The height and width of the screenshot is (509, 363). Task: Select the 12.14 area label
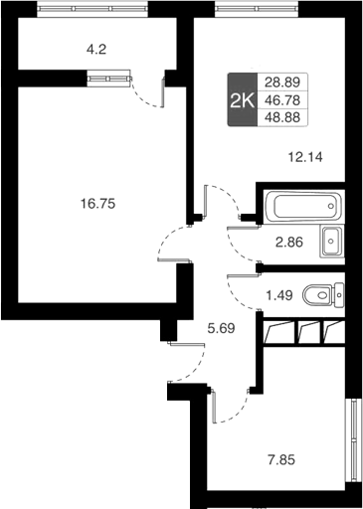coord(306,156)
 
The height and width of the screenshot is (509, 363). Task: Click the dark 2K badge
coord(241,99)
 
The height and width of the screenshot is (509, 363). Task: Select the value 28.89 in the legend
coord(282,83)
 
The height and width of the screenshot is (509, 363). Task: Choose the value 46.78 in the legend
coord(282,99)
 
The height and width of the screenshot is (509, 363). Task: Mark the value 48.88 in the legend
coord(282,116)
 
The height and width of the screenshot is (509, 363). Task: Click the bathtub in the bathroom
coord(301,208)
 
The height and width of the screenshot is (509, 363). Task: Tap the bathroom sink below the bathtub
coord(332,240)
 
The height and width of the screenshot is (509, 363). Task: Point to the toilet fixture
coord(323,294)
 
